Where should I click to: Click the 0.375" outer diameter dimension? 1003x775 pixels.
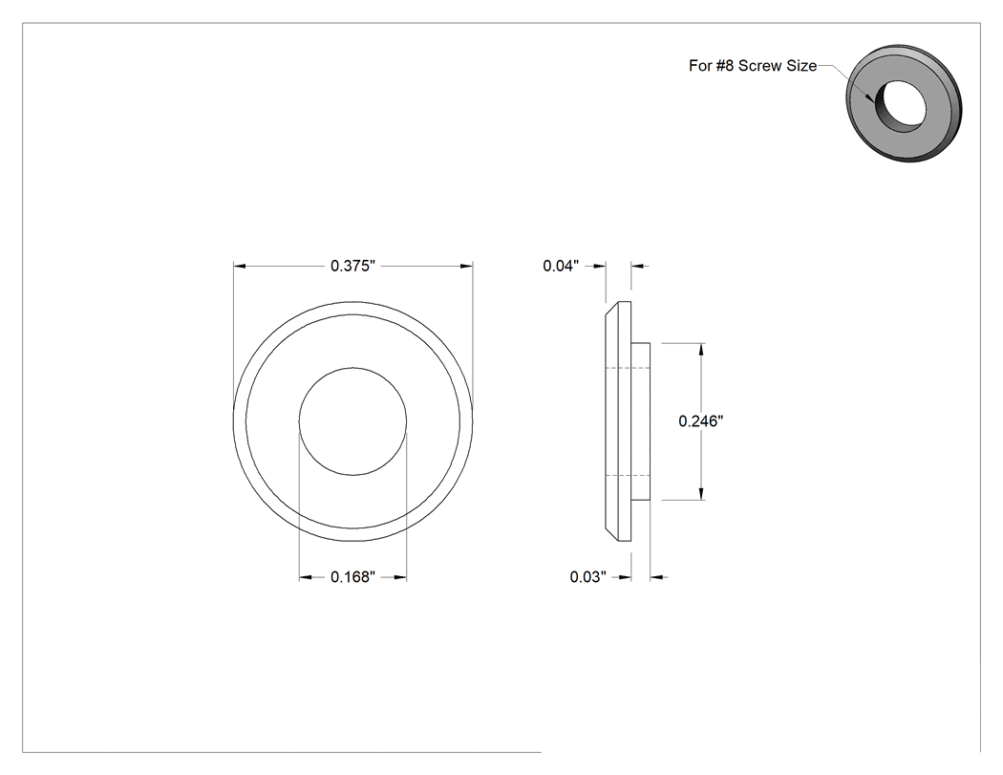click(x=352, y=266)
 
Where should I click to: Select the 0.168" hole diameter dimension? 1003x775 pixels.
click(x=352, y=577)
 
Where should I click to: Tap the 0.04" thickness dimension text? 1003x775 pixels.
click(x=561, y=266)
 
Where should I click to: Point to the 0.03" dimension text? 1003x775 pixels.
click(x=587, y=577)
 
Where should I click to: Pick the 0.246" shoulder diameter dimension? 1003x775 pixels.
click(x=701, y=421)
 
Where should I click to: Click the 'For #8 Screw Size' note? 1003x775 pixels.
click(x=753, y=66)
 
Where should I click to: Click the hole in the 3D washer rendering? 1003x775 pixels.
click(x=900, y=106)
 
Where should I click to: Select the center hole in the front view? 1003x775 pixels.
click(x=352, y=421)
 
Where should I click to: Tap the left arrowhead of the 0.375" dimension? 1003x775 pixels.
click(x=240, y=266)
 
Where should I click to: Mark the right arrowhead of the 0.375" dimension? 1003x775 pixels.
click(x=466, y=266)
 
